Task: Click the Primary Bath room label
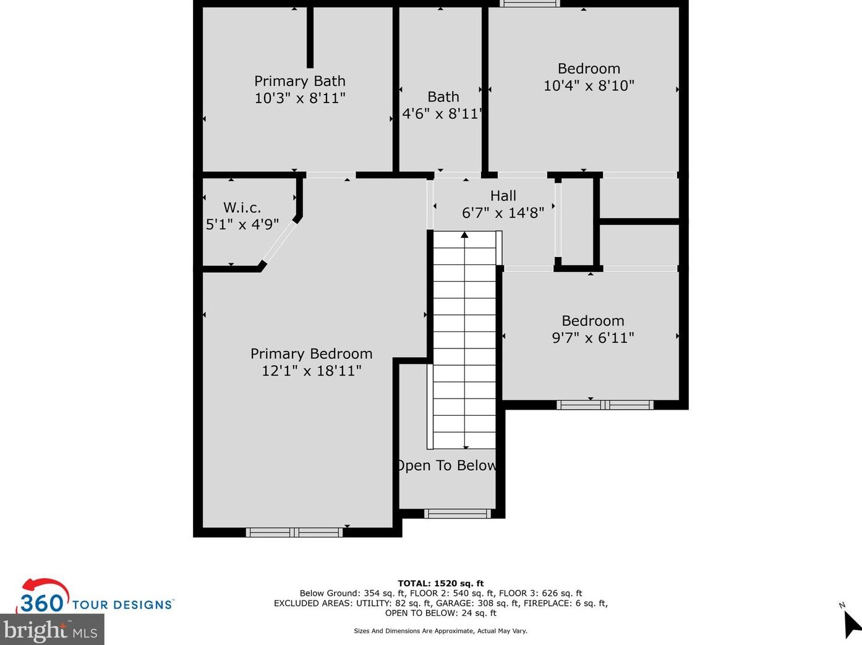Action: (299, 81)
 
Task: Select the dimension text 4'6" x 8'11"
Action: (442, 114)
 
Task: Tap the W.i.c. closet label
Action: (242, 208)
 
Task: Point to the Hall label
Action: (503, 196)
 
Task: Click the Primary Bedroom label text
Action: (311, 354)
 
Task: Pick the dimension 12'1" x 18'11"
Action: (311, 371)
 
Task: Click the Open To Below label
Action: (446, 466)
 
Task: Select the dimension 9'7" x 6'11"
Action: (592, 338)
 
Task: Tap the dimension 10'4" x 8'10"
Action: (589, 86)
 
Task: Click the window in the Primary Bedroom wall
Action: (294, 533)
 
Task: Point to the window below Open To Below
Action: (457, 513)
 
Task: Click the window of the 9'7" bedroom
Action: (605, 405)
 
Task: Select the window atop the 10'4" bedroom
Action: (529, 4)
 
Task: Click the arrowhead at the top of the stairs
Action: (464, 235)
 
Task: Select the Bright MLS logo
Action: (51, 630)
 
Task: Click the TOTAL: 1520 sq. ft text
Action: (440, 583)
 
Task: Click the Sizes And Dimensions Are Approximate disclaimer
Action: (440, 631)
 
